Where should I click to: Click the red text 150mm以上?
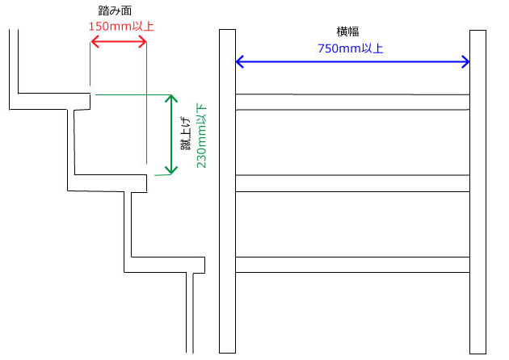(x=120, y=27)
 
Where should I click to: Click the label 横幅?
(x=349, y=31)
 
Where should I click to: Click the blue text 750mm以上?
(x=350, y=48)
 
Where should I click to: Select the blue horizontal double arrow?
(x=352, y=61)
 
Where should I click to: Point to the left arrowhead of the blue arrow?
(x=240, y=61)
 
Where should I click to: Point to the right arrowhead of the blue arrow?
(x=465, y=61)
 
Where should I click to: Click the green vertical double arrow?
(x=170, y=135)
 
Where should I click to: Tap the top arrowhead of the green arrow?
(x=170, y=99)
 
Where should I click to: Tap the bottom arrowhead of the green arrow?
(x=170, y=170)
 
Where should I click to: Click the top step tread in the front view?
(x=352, y=102)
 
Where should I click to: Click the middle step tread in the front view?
(x=352, y=183)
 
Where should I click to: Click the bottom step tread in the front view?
(x=352, y=265)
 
